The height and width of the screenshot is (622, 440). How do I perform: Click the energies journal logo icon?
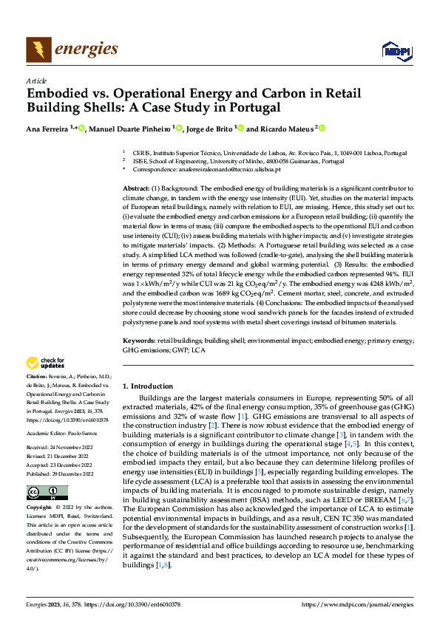pyautogui.click(x=38, y=50)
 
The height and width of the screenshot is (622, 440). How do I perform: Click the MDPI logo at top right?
pyautogui.click(x=395, y=50)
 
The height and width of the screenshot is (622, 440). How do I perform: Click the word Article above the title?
pyautogui.click(x=36, y=81)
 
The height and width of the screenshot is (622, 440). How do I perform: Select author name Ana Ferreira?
pyautogui.click(x=47, y=129)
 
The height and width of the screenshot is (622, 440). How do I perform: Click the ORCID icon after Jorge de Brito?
pyautogui.click(x=241, y=129)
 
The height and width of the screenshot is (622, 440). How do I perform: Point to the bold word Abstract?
pyautogui.click(x=135, y=189)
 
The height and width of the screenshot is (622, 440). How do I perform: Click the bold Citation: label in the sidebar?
pyautogui.click(x=38, y=377)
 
